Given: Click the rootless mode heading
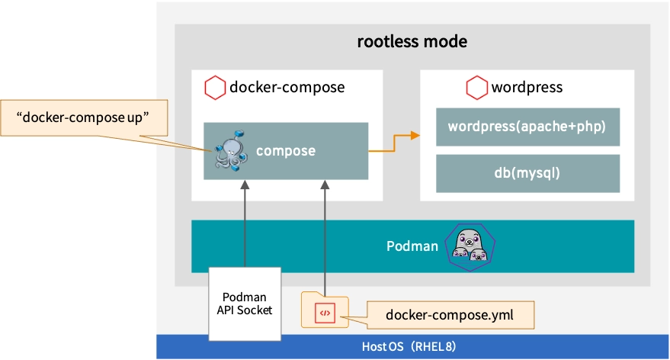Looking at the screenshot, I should [x=412, y=41].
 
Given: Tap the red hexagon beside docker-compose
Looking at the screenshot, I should [x=215, y=88].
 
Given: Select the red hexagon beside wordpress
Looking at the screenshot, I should [x=477, y=88].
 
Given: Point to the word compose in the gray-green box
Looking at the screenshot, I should [x=286, y=151].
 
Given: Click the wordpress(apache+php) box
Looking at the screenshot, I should [x=527, y=127].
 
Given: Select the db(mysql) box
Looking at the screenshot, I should [x=527, y=173].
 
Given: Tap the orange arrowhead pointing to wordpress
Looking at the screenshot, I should [x=415, y=136].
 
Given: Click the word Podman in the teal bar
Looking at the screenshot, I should [x=412, y=246].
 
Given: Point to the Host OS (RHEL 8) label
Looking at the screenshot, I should [x=409, y=347].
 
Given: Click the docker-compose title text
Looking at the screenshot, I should [x=287, y=88].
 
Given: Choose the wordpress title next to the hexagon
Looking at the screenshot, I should [x=527, y=88].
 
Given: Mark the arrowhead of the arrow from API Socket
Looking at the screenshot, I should [x=245, y=186].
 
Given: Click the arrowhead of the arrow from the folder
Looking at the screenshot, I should [x=325, y=186].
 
